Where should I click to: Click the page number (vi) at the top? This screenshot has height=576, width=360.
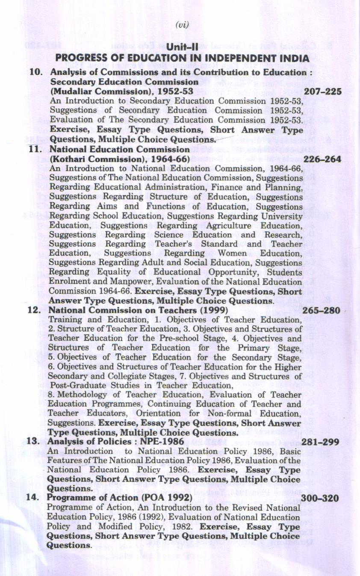pyautogui.click(x=182, y=25)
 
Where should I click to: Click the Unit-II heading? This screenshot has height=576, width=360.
pyautogui.click(x=182, y=47)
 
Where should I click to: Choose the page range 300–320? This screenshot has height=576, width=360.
pyautogui.click(x=320, y=499)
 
